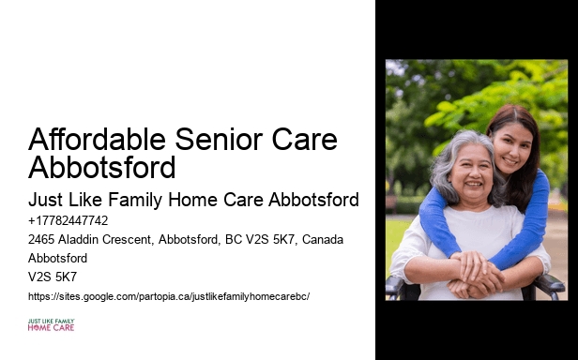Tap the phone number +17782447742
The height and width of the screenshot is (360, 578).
click(68, 221)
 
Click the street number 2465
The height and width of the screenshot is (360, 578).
click(43, 240)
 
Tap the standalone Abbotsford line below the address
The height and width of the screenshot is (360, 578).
click(57, 259)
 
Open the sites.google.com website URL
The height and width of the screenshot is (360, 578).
click(169, 296)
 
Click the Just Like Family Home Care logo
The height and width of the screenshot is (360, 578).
click(51, 325)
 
